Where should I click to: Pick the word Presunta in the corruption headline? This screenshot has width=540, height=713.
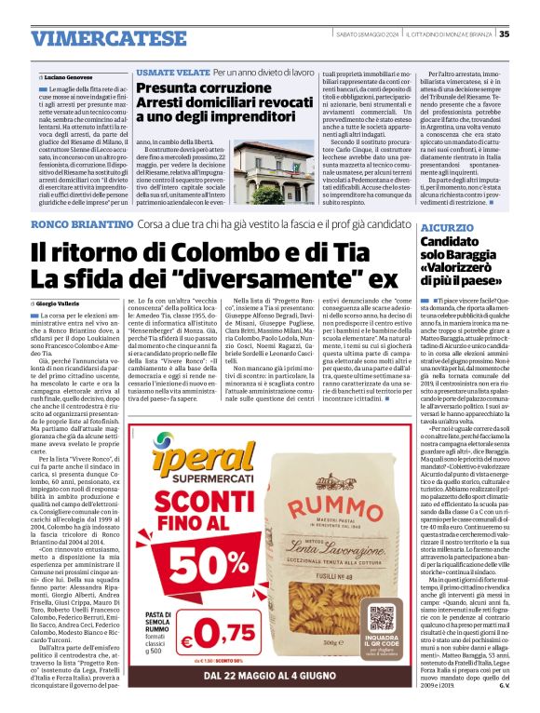[x=169, y=89]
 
